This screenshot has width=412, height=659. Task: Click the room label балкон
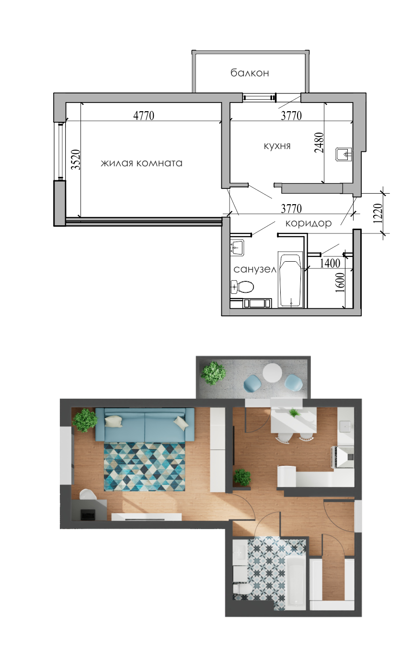250,73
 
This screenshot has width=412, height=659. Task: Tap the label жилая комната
141,163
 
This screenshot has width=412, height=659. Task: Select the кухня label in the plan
277,146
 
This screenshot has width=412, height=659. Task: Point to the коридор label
309,223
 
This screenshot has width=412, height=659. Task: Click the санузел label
255,269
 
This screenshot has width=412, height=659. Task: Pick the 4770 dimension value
144,116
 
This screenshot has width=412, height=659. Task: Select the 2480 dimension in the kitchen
319,143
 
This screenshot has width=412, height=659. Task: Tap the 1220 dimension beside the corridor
378,214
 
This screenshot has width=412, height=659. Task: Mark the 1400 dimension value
330,263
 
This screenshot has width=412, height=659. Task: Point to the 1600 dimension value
340,282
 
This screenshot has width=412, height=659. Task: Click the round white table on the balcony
273,372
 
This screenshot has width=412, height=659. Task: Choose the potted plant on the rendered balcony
214,373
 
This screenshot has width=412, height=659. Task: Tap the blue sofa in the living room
144,424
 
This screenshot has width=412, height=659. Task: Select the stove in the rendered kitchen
343,457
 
